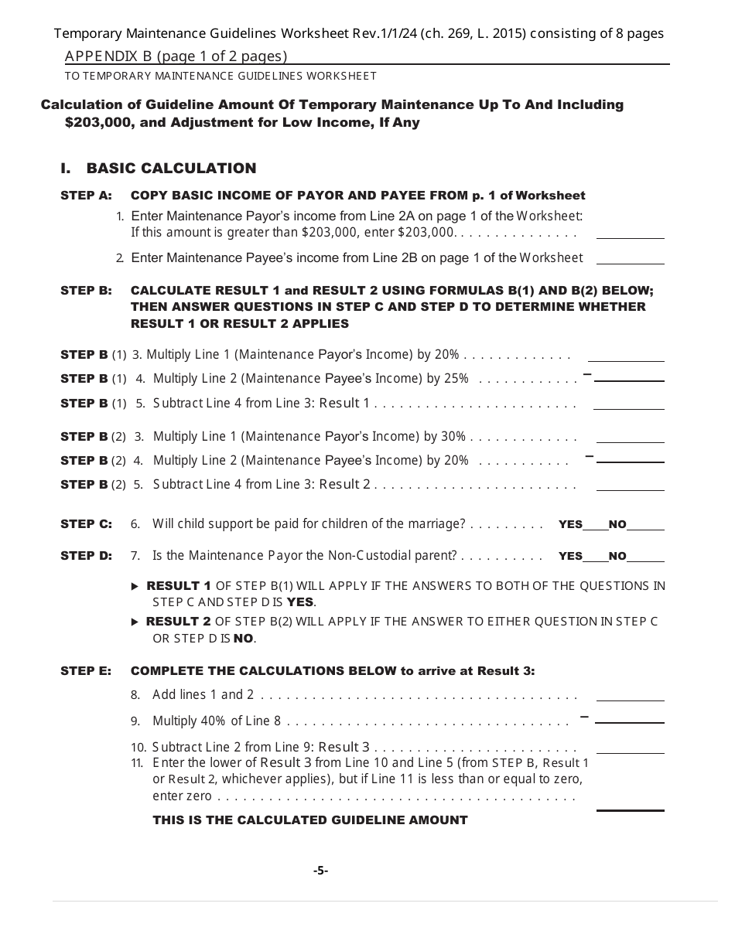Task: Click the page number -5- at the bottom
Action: click(320, 871)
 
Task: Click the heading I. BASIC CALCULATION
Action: click(159, 169)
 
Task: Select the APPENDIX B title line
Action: click(176, 56)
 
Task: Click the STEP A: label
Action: click(86, 196)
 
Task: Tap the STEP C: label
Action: click(86, 524)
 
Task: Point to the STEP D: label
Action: click(86, 556)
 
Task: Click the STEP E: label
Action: click(86, 671)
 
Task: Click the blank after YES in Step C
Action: click(595, 526)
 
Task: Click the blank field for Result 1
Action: click(628, 404)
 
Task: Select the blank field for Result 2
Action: click(631, 486)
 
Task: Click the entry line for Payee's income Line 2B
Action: click(630, 259)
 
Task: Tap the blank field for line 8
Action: click(630, 696)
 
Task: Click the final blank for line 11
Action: click(630, 805)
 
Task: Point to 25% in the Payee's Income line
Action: click(455, 379)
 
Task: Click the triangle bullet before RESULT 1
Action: click(136, 587)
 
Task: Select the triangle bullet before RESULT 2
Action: click(136, 622)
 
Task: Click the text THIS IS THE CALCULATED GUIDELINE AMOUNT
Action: click(309, 820)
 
